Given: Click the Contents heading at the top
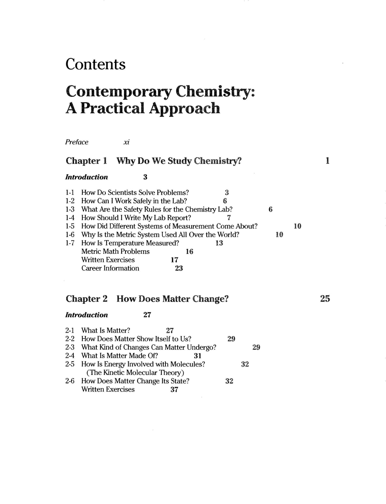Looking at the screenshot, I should point(95,64).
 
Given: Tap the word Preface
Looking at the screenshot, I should point(77,142).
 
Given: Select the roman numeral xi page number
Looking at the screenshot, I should point(126,142).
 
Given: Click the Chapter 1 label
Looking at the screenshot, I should point(86,161).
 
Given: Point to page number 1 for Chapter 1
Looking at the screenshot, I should point(327,161).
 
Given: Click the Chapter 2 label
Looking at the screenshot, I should point(87,299).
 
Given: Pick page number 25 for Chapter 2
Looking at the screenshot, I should point(325,299).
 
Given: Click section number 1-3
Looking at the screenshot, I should point(70,209).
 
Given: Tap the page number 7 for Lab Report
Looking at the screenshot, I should point(229,218).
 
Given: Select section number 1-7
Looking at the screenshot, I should point(70,243).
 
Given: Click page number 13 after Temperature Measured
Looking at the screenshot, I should point(219,243).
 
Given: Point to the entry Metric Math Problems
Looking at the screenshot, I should point(115,252).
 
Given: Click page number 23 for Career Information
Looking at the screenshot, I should point(179,268).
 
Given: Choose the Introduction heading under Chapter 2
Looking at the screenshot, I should point(87,315).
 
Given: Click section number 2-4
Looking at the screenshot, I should point(70,356).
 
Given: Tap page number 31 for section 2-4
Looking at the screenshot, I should point(198,356).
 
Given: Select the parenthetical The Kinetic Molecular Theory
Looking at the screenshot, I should point(135,372).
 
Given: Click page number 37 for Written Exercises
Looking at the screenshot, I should point(174,390).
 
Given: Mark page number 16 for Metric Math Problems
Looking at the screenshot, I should point(189,252).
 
